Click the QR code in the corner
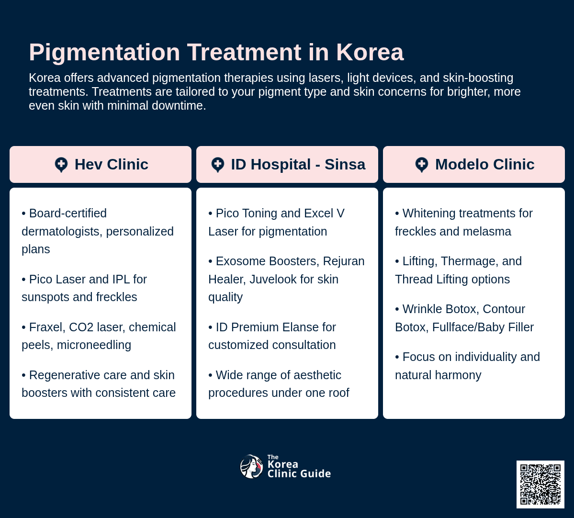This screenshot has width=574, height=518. pos(540,484)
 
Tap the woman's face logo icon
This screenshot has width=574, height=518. pos(251,467)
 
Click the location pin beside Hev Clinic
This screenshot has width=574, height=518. pos(61,165)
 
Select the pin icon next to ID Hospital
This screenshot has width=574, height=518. pos(218,165)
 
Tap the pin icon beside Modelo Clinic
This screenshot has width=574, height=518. pos(422,165)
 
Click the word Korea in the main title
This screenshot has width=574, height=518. pos(370,52)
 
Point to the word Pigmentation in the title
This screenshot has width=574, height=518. pos(104,52)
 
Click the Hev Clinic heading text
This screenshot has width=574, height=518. pos(111,164)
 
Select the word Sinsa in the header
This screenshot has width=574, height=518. pos(345,164)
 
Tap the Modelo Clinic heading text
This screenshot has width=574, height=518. pos(484,164)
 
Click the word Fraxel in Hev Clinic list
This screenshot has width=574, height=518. pos(46,327)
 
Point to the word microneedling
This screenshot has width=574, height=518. pos(94,345)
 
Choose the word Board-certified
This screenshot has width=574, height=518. pos(68,213)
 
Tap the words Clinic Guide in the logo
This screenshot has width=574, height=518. pos(299,473)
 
